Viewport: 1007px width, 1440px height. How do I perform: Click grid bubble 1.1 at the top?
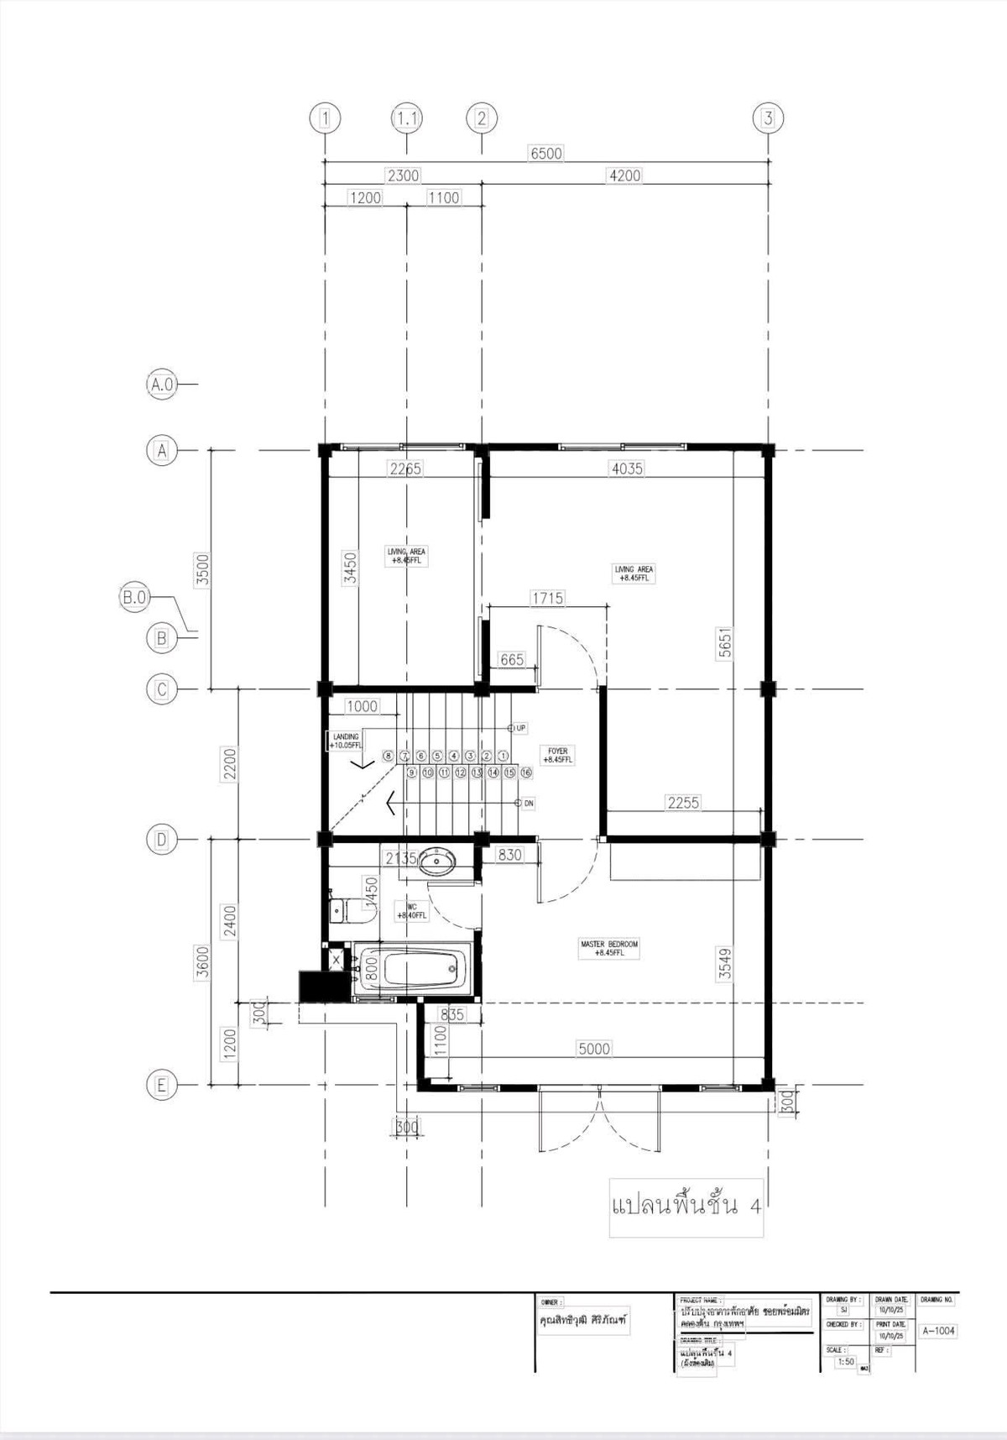click(406, 118)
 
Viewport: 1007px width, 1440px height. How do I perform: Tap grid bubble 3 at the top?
click(768, 118)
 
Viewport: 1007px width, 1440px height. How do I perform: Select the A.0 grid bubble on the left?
click(161, 385)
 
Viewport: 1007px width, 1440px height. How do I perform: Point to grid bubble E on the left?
click(161, 1086)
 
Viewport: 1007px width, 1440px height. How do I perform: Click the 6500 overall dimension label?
click(545, 154)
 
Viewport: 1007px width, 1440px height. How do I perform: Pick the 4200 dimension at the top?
click(624, 175)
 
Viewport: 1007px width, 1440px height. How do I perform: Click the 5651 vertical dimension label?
click(726, 642)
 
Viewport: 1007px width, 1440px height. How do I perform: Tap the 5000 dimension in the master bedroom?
click(593, 1049)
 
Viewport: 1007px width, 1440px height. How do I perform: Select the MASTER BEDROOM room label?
click(609, 948)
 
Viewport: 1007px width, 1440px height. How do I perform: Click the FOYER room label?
click(558, 756)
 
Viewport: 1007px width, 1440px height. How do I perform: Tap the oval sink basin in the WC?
click(437, 861)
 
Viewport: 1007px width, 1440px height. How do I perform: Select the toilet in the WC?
click(345, 909)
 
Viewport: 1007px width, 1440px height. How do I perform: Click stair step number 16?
click(526, 772)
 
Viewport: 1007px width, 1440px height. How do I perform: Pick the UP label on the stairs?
click(520, 728)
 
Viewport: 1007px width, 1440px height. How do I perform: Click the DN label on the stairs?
click(528, 804)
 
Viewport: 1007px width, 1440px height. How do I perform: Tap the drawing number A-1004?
click(938, 1331)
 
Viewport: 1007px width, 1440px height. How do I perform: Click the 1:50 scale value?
click(846, 1362)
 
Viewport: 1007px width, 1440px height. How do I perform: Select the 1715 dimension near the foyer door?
click(547, 599)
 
